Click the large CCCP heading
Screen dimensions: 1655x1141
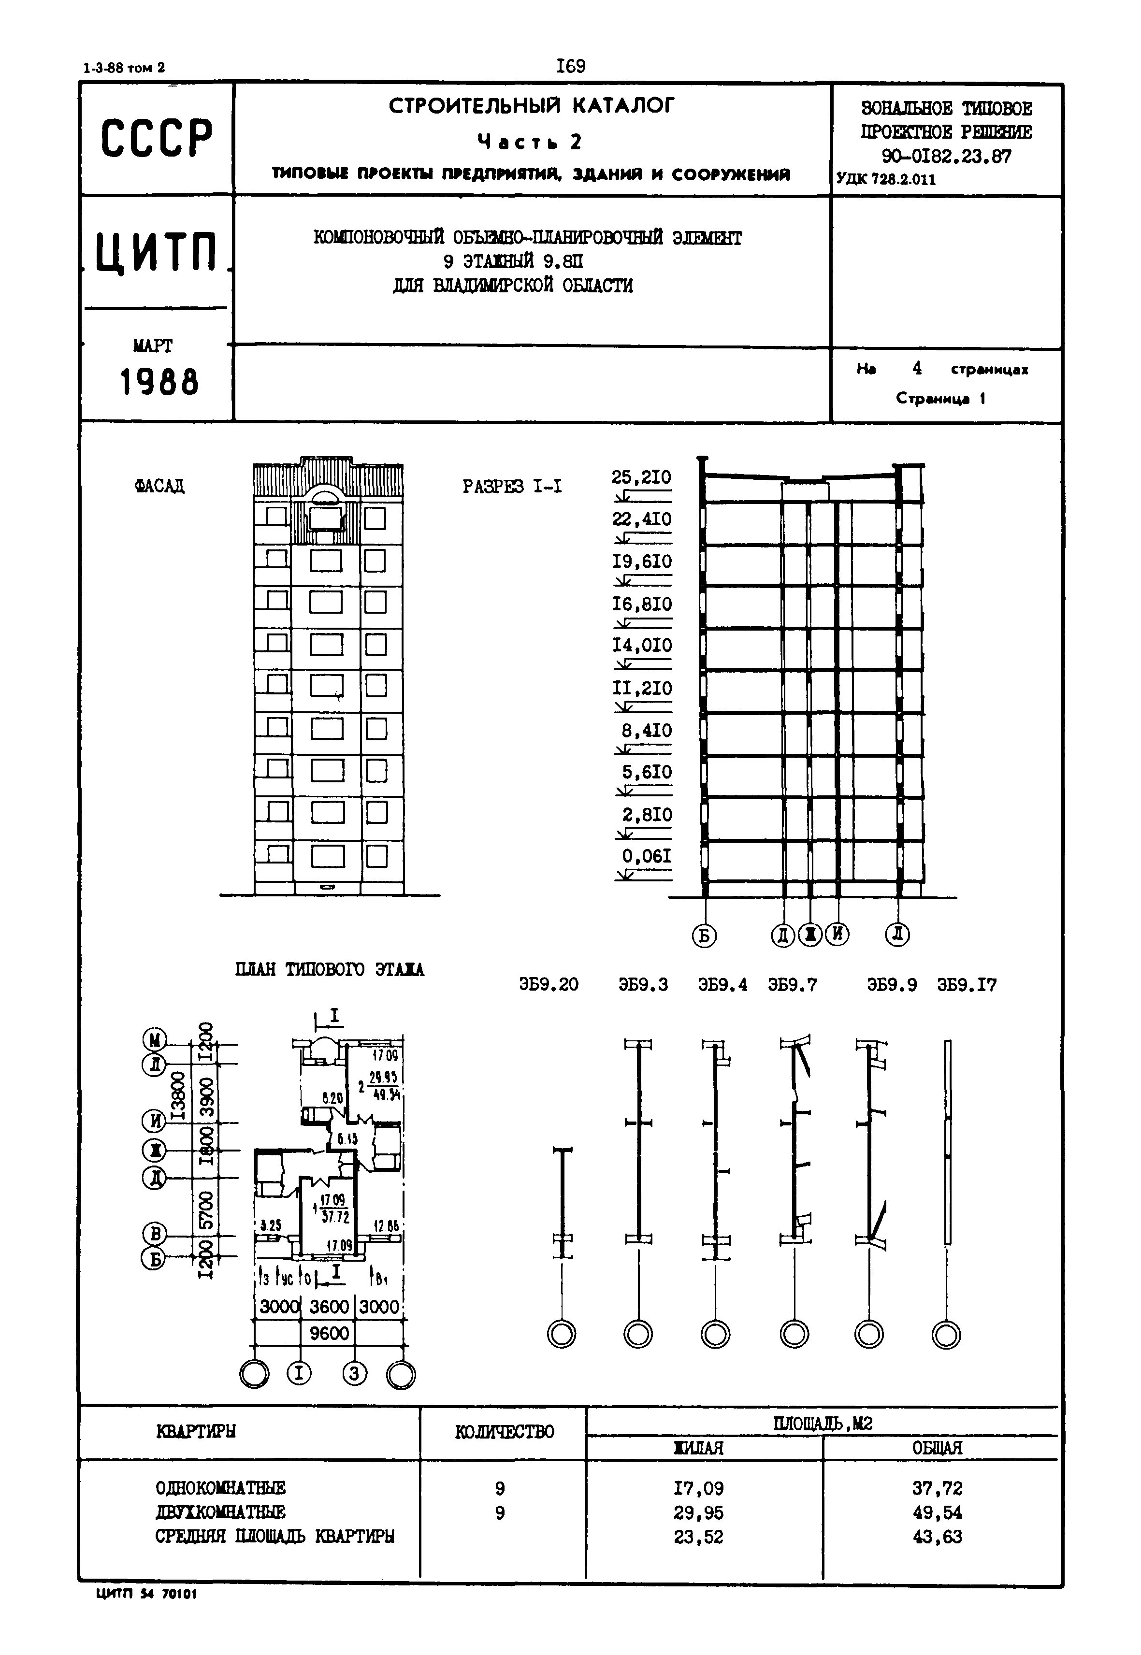pos(157,138)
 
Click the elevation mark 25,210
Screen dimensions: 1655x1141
pos(641,477)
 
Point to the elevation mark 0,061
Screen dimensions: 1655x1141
pos(646,856)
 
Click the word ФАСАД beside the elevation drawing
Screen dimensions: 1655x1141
pos(159,486)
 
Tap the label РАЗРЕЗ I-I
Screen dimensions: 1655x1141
pos(512,487)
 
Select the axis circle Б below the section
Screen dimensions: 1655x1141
pos(704,935)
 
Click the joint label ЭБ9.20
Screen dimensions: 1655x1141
pos(549,984)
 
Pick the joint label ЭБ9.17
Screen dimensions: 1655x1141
pos(967,984)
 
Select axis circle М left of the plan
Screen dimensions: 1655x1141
pos(155,1039)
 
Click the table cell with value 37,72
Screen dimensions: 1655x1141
pos(937,1488)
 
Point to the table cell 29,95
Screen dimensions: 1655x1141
pos(698,1513)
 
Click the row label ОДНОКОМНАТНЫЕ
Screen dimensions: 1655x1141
pos(220,1488)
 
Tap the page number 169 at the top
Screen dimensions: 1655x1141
pos(570,67)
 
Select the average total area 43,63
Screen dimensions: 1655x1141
pos(937,1536)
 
